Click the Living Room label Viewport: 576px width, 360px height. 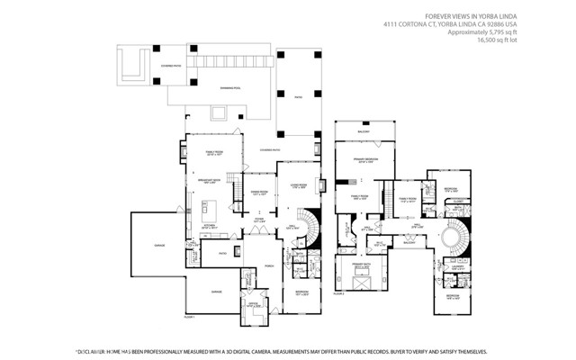pyautogui.click(x=297, y=185)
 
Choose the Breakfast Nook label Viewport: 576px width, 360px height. pyautogui.click(x=209, y=180)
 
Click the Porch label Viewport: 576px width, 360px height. pyautogui.click(x=268, y=266)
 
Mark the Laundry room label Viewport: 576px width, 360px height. pyautogui.click(x=457, y=266)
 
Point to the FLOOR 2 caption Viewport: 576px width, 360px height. pyautogui.click(x=339, y=293)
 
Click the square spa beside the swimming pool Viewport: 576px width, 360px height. pyautogui.click(x=218, y=112)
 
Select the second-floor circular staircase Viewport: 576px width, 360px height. pyautogui.click(x=447, y=238)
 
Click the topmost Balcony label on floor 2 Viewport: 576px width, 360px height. pyautogui.click(x=364, y=131)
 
